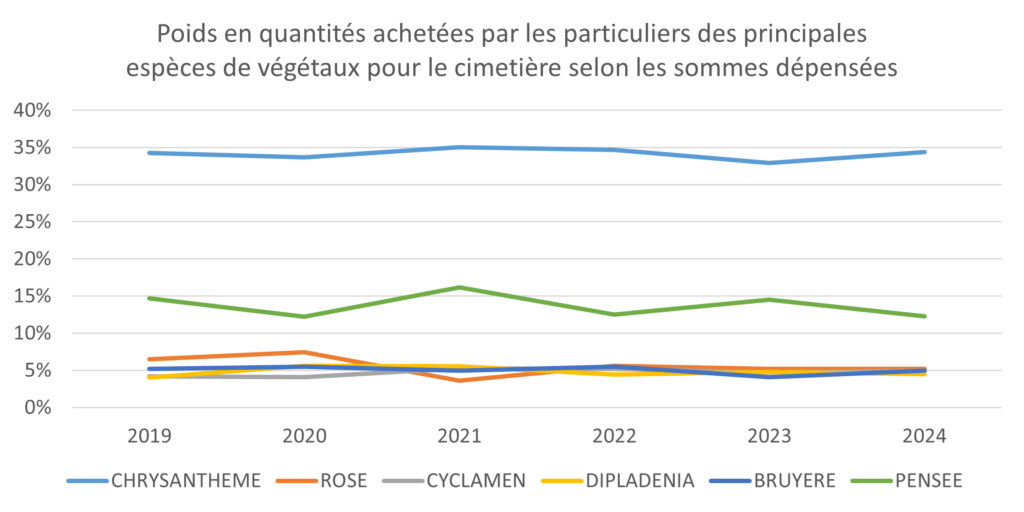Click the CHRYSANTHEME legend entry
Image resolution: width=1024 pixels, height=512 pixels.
(164, 481)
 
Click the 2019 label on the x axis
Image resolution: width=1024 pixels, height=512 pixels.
(149, 436)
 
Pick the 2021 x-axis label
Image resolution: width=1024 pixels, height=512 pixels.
(460, 436)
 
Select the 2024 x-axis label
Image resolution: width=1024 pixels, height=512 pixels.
(925, 436)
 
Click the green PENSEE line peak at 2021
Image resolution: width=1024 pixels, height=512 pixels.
(460, 287)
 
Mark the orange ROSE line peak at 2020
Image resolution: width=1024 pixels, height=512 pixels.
(304, 352)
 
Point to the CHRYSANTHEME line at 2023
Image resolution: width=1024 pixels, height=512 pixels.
(770, 163)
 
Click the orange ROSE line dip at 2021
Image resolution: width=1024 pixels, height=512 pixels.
(460, 380)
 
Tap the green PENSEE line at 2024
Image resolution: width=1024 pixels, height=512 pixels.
(925, 316)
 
